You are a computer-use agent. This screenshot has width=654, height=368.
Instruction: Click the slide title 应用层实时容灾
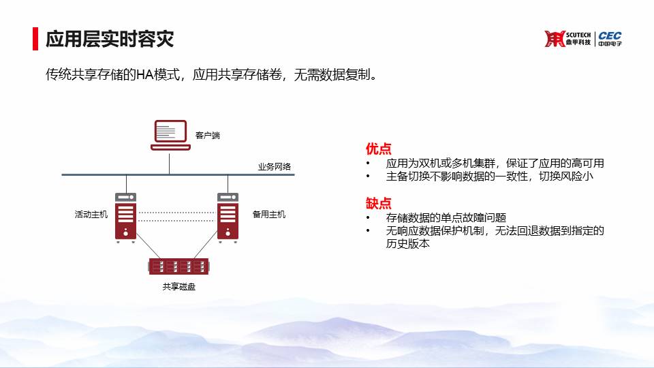coord(109,39)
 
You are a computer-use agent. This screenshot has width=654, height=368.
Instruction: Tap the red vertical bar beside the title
coord(35,39)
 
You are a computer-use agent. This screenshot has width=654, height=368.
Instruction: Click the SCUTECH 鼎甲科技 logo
coord(567,39)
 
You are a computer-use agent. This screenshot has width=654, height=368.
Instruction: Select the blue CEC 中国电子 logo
coord(610,38)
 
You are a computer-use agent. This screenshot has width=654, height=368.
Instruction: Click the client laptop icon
coord(170,135)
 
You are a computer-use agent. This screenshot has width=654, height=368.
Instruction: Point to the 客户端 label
coord(207,135)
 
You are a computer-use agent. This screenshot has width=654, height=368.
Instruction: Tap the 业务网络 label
coord(274,166)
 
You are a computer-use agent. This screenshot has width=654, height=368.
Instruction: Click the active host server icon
coord(125,217)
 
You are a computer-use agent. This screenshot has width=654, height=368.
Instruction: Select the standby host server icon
coord(228,217)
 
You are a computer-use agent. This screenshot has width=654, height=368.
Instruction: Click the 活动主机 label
coord(91,214)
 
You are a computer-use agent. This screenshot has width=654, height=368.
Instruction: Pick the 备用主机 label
coord(269,214)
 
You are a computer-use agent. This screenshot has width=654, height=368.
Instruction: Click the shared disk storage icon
coord(179,266)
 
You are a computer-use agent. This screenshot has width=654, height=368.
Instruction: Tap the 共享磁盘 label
coord(179,286)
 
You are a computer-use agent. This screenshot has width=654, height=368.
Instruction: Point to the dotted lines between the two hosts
coord(176,216)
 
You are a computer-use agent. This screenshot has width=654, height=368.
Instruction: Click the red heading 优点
coord(378,148)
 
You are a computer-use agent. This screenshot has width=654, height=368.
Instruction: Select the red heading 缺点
coord(378,203)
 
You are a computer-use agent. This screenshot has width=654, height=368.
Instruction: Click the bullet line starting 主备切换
coord(489,176)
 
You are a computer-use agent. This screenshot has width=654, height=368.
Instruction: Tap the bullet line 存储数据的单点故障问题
coord(446,217)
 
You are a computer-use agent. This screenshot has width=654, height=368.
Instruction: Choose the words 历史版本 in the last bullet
coord(407,244)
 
